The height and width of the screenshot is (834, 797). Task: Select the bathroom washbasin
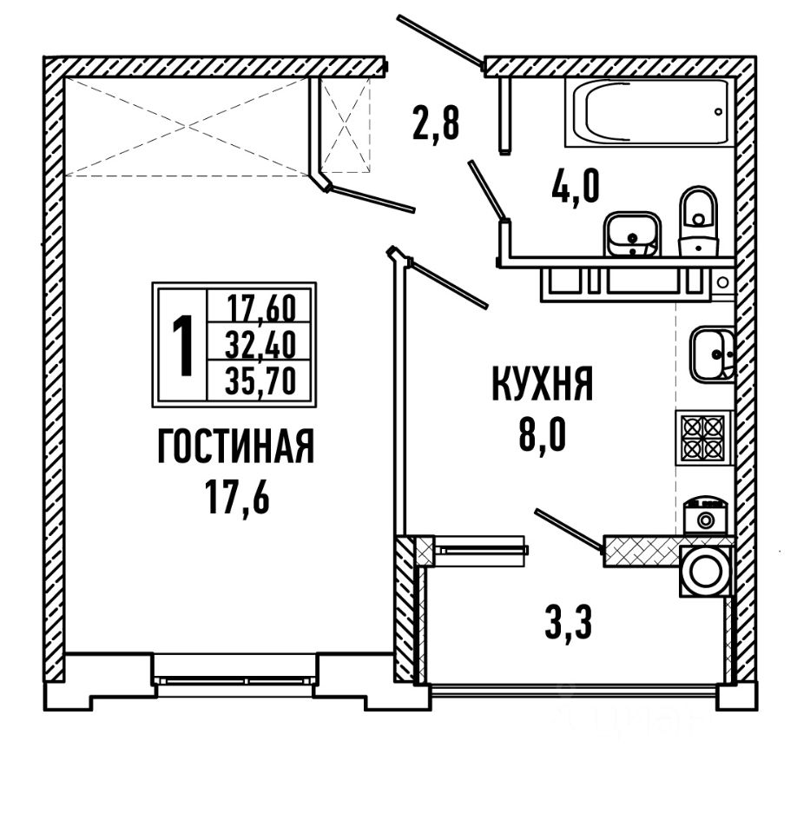pyautogui.click(x=632, y=234)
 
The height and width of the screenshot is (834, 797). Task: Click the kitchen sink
pyautogui.click(x=712, y=354)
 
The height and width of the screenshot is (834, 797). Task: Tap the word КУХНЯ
pyautogui.click(x=543, y=383)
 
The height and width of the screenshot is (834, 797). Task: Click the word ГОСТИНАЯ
pyautogui.click(x=235, y=449)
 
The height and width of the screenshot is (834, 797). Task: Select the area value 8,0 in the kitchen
pyautogui.click(x=543, y=434)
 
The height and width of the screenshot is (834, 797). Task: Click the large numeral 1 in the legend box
pyautogui.click(x=181, y=346)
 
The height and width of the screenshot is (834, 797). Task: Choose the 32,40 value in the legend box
pyautogui.click(x=260, y=347)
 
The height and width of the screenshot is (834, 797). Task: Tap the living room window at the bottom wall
pyautogui.click(x=235, y=680)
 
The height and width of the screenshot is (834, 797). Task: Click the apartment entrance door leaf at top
pyautogui.click(x=440, y=41)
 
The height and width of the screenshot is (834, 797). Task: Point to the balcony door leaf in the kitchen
pyautogui.click(x=569, y=530)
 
